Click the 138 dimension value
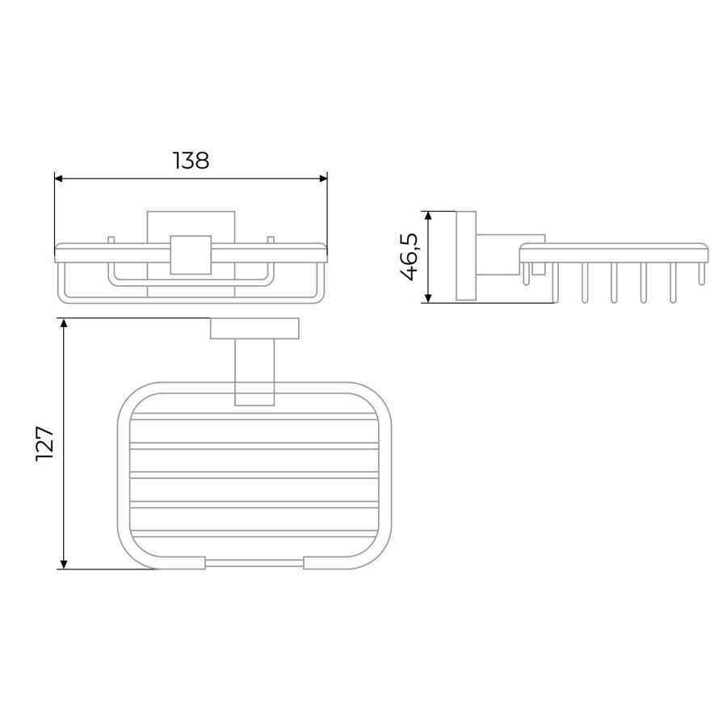[x=191, y=161]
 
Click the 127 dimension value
[x=45, y=443]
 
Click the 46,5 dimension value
[x=409, y=258]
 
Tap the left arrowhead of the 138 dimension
[x=58, y=179]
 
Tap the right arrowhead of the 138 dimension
[x=324, y=179]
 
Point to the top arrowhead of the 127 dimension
[x=64, y=322]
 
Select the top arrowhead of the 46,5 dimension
[x=428, y=216]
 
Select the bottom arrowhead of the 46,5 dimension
[x=428, y=298]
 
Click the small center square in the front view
[x=191, y=255]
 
